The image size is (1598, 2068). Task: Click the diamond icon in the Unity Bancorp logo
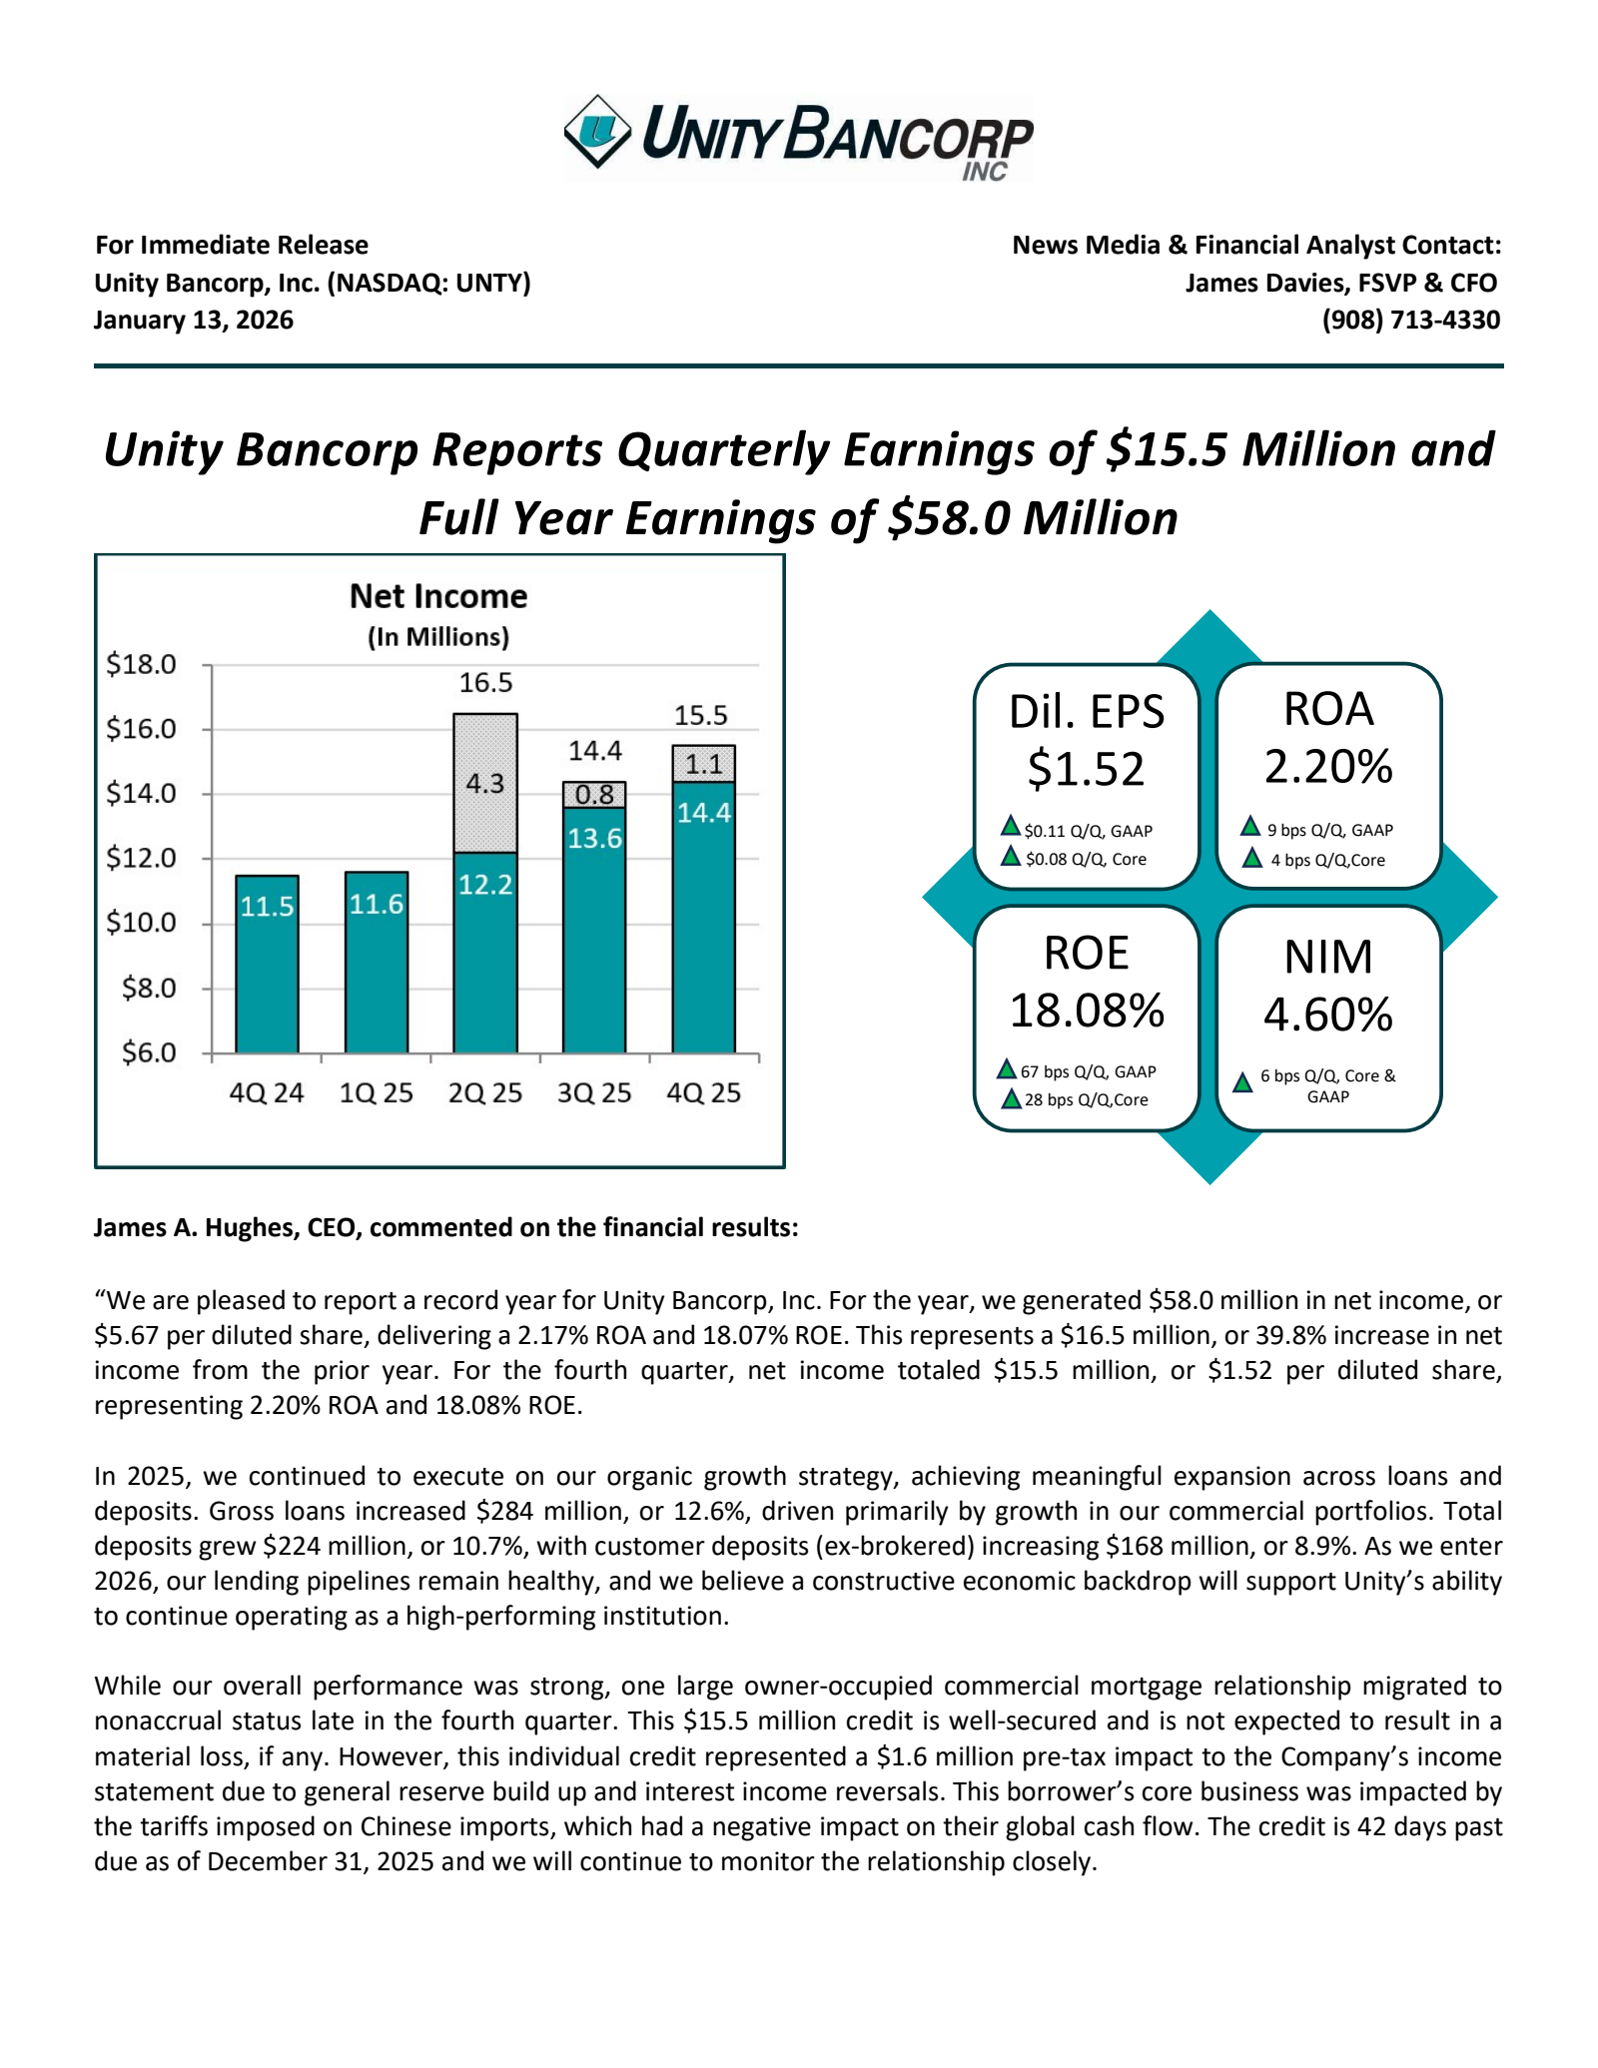597,131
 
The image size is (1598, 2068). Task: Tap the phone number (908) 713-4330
1410,320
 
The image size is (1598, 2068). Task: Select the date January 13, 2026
194,320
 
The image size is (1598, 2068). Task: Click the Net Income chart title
437,596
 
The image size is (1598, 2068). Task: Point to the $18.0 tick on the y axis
141,664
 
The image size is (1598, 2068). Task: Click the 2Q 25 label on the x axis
484,1092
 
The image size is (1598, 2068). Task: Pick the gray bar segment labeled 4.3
484,783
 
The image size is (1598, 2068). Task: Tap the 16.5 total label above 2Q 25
484,683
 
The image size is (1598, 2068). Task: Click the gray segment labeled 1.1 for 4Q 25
703,764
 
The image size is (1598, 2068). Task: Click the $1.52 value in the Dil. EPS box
1086,769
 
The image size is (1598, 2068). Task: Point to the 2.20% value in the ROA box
1328,767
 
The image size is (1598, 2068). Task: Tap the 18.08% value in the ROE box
1087,1011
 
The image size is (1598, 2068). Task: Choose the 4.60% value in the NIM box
1328,1015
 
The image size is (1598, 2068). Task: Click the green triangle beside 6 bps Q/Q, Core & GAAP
1242,1082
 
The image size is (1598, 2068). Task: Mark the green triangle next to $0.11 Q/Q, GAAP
1010,827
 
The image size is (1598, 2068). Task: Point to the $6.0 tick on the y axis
148,1052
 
